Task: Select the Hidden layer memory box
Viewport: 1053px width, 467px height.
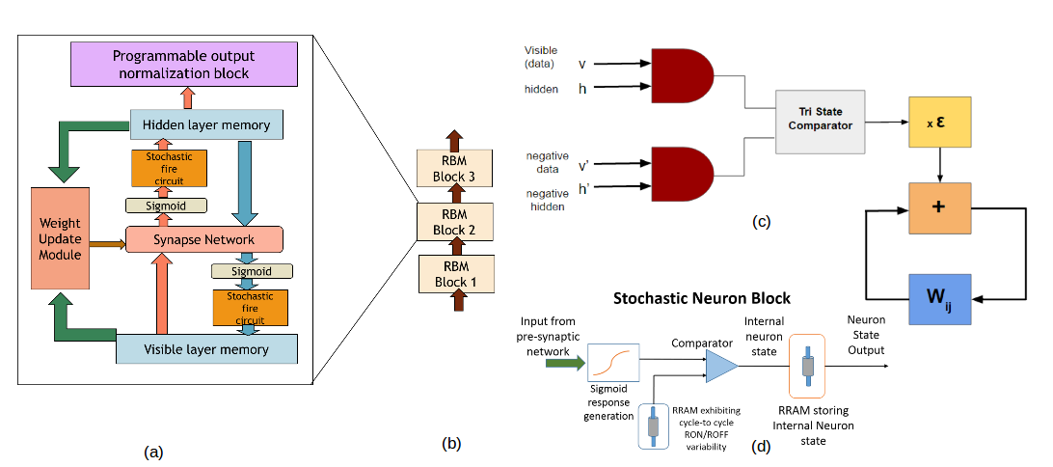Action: pyautogui.click(x=206, y=124)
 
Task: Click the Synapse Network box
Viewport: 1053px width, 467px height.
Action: pyautogui.click(x=203, y=239)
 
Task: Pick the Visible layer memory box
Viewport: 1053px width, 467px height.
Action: pyautogui.click(x=206, y=348)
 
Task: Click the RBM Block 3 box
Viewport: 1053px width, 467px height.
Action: pyautogui.click(x=455, y=167)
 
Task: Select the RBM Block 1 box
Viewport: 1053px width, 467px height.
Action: pyautogui.click(x=455, y=274)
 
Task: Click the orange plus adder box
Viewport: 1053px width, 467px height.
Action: pyautogui.click(x=937, y=208)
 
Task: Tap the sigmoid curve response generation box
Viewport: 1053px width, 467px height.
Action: pyautogui.click(x=614, y=365)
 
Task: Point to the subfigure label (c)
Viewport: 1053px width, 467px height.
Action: pyautogui.click(x=762, y=222)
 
